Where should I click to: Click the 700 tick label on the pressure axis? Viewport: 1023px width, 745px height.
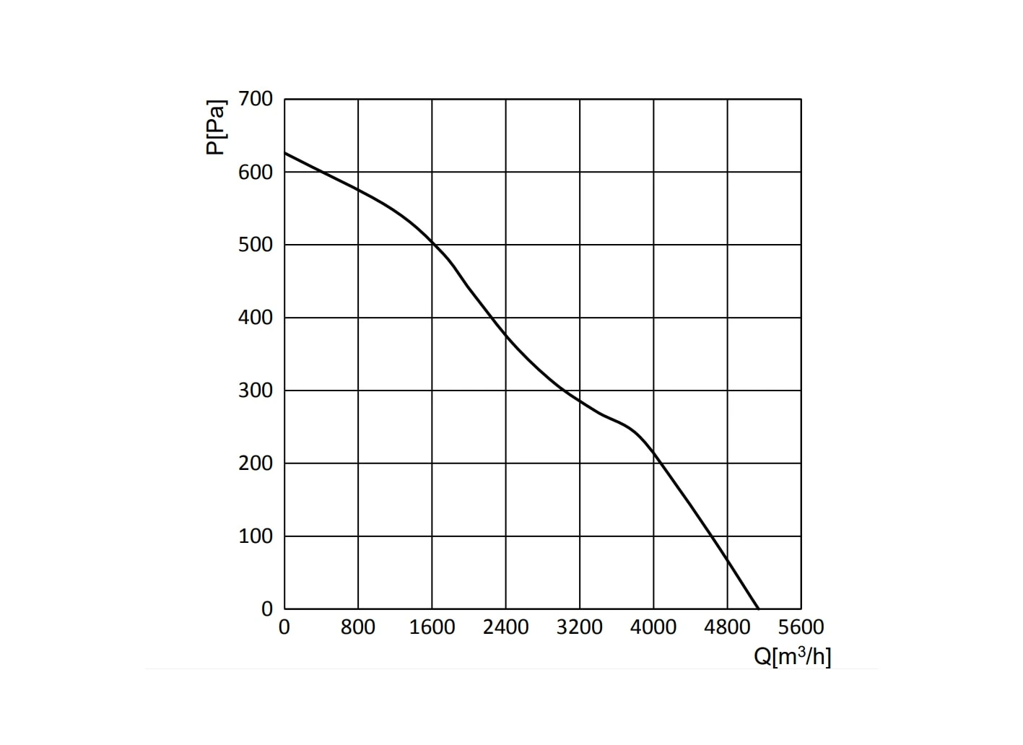click(256, 99)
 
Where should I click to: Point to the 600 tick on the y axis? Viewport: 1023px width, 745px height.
click(256, 173)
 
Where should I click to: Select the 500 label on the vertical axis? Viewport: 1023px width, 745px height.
click(256, 245)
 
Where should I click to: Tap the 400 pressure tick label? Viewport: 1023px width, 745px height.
click(256, 318)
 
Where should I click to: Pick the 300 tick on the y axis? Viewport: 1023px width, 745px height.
click(256, 391)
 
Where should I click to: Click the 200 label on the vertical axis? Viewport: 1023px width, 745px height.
click(256, 463)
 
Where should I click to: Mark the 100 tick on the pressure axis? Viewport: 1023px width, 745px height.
click(256, 536)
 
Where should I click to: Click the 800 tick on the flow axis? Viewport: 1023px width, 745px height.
click(357, 627)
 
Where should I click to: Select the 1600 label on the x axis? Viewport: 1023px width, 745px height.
click(432, 627)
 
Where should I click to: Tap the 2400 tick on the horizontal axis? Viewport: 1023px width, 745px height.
click(505, 627)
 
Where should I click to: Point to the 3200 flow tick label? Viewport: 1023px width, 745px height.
click(580, 627)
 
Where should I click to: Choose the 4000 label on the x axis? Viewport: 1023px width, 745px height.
click(653, 627)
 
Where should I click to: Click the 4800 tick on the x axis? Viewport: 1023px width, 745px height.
click(727, 627)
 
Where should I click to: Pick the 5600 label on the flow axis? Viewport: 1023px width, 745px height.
click(801, 627)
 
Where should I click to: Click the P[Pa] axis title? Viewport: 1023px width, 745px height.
click(216, 128)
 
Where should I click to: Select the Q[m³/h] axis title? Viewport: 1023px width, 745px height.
click(793, 657)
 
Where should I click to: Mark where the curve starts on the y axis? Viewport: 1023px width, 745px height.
click(284, 153)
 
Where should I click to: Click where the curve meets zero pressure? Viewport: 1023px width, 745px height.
click(759, 609)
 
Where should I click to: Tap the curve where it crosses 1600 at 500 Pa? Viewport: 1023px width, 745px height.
click(432, 243)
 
